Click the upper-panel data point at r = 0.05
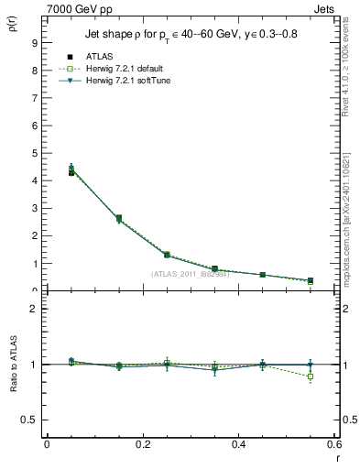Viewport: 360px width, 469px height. pyautogui.click(x=71, y=171)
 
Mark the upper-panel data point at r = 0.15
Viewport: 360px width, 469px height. pyautogui.click(x=119, y=218)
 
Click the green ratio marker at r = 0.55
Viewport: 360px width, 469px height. pyautogui.click(x=311, y=376)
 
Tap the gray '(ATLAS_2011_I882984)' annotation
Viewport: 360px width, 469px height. pyautogui.click(x=190, y=274)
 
